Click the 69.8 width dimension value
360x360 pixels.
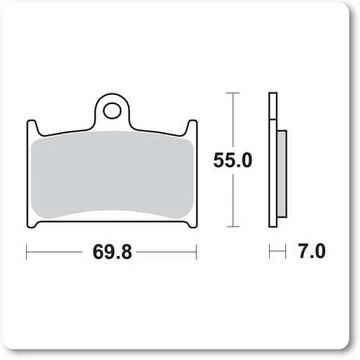[112, 252]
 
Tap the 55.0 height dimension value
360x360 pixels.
[233, 160]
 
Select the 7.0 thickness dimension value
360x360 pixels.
[311, 252]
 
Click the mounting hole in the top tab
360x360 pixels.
[111, 111]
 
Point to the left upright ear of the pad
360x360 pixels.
[33, 128]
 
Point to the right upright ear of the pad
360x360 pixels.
[192, 128]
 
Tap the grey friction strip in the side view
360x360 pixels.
[282, 174]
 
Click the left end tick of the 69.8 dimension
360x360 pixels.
[27, 252]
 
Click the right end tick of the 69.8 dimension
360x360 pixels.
[196, 252]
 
